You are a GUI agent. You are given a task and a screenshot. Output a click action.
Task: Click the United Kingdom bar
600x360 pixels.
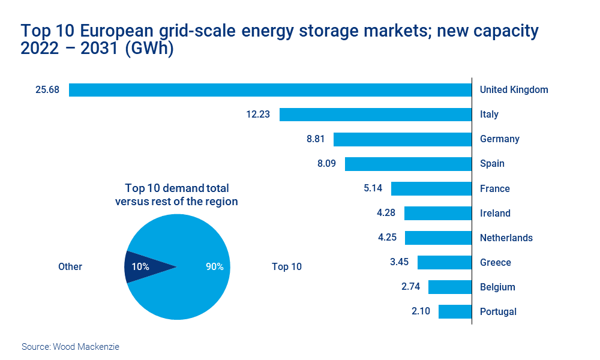(270, 90)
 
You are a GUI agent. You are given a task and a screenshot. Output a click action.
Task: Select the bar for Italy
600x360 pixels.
(376, 115)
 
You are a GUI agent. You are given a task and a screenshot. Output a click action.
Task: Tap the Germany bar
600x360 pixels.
(403, 139)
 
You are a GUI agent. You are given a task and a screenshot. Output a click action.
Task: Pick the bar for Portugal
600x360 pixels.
(455, 311)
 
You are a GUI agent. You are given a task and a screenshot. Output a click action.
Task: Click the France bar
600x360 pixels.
(431, 188)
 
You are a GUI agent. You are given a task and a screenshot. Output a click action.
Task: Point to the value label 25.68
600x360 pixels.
(47, 90)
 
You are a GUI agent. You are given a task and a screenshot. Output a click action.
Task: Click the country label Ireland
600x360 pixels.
(495, 213)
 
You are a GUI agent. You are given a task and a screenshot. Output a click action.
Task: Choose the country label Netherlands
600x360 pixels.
(506, 238)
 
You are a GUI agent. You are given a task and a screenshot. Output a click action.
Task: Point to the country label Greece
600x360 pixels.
(495, 262)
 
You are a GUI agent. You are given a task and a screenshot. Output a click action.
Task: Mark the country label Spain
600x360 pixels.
(492, 164)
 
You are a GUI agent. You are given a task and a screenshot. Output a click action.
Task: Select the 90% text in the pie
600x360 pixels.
(214, 267)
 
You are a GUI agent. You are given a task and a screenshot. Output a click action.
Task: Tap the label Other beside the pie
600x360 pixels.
(70, 267)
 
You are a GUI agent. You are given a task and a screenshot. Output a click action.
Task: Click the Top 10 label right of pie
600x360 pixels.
(287, 267)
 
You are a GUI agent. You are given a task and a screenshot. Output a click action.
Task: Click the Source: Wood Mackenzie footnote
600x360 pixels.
(70, 347)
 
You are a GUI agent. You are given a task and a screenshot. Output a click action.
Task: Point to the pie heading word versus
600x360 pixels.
(131, 202)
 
